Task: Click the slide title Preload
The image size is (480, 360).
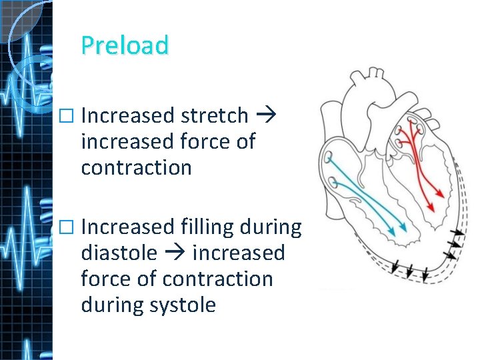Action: tap(125, 45)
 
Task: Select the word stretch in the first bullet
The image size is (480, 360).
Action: tap(214, 116)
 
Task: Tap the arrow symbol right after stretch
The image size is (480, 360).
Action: tap(261, 116)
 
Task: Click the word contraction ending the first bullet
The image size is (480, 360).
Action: tap(136, 167)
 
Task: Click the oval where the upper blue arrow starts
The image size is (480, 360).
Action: tap(328, 156)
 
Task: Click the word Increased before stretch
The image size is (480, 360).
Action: tap(127, 116)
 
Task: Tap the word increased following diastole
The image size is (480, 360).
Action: tap(239, 253)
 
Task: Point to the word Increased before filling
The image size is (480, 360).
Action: tap(127, 227)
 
